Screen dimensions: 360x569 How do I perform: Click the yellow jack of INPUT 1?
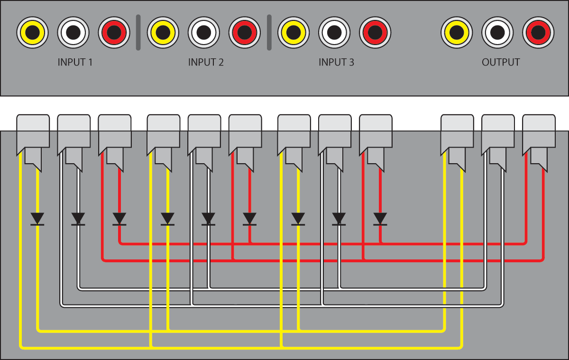coord(32,32)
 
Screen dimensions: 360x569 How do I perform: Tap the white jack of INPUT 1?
coord(73,32)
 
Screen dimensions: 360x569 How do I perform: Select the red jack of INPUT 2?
coord(245,32)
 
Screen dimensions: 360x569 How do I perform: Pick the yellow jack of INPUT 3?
coord(294,32)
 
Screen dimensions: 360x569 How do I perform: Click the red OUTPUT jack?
coord(538,32)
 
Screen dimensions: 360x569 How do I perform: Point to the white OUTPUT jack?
coord(497,32)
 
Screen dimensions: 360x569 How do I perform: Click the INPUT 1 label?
coord(75,63)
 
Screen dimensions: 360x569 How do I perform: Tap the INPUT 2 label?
coord(206,63)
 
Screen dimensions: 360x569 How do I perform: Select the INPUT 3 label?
coord(336,63)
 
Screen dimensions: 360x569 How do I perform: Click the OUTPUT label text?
coord(501,63)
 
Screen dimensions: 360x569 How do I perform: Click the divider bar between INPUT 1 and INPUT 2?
coord(138,32)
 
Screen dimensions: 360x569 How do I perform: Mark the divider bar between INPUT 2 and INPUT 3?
coord(269,32)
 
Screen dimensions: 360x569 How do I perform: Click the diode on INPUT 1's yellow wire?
coord(37,219)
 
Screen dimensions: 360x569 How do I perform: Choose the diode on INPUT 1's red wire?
coord(119,219)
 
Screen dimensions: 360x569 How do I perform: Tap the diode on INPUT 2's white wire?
coord(208,219)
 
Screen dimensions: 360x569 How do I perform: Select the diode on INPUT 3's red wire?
coord(380,219)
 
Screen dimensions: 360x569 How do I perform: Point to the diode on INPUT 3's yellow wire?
coord(298,219)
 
